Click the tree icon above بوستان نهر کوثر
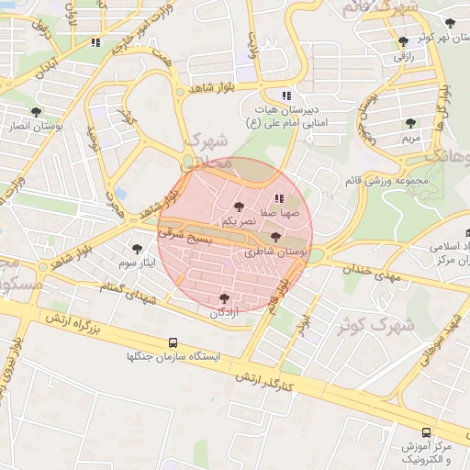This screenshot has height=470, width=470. click(450, 23)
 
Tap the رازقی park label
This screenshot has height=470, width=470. click(405, 56)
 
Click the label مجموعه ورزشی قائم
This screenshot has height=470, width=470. click(384, 181)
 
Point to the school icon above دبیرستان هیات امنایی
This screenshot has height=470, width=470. click(286, 95)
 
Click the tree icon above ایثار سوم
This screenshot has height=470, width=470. click(138, 249)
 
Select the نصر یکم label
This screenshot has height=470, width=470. click(240, 222)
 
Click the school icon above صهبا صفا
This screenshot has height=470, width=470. click(279, 198)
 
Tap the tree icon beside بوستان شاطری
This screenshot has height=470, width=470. click(275, 238)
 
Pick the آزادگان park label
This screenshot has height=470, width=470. click(225, 313)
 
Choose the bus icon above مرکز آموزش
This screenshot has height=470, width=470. click(425, 432)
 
